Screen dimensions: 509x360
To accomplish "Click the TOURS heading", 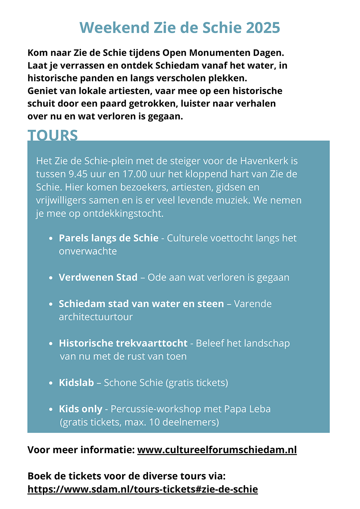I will [x=53, y=135].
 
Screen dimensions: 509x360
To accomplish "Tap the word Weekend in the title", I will [x=114, y=28].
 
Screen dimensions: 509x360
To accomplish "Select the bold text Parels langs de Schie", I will [x=108, y=238].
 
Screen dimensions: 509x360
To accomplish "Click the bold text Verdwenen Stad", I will [x=98, y=277].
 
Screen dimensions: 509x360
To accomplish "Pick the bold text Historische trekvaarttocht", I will [x=123, y=343].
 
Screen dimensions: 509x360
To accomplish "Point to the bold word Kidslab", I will [x=76, y=382].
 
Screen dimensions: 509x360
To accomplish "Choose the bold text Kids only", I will [x=81, y=409].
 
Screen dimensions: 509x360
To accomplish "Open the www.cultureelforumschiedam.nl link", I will [x=217, y=450].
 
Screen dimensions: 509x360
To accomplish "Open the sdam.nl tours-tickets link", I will [x=143, y=489].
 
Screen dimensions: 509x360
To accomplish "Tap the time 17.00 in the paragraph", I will [x=135, y=174].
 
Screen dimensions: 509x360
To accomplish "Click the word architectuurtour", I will [x=96, y=317].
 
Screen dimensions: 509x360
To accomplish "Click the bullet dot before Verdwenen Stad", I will [x=51, y=278].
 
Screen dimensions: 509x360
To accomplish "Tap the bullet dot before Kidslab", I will [x=51, y=383].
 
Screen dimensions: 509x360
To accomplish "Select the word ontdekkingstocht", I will [x=123, y=213].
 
